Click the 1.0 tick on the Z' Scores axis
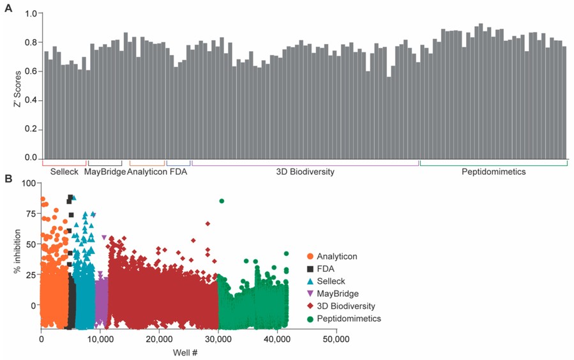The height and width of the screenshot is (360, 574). pos(30,13)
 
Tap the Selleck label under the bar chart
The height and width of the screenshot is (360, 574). pos(64,172)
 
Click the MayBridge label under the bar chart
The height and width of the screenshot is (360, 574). pos(105,172)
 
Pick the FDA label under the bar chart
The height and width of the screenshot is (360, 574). pos(178,172)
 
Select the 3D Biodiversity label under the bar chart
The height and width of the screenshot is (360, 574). pos(305,172)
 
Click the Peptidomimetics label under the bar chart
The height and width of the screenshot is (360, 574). pos(494,172)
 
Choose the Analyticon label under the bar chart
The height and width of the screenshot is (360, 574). pos(147,172)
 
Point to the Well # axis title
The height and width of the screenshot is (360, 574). pos(188,352)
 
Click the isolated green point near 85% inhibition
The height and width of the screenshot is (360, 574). pos(222,201)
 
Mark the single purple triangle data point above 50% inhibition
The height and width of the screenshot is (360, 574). pos(104,237)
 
